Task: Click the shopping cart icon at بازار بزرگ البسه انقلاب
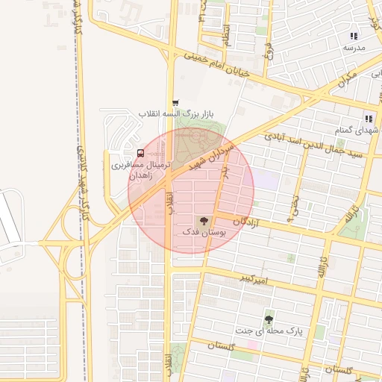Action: point(175,103)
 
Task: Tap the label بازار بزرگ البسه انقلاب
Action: point(176,114)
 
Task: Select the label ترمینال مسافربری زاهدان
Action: point(142,169)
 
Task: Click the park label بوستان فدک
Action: point(204,233)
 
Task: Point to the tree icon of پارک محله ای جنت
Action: point(268,319)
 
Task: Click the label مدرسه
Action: point(354,48)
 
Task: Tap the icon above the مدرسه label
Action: point(354,36)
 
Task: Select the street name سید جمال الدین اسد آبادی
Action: point(322,146)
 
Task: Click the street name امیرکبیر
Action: point(253,279)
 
